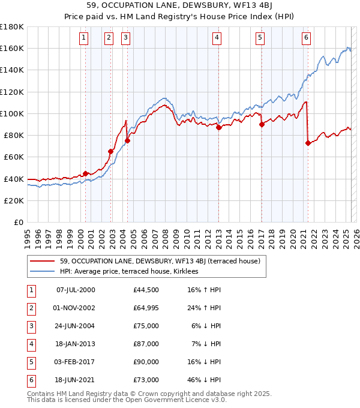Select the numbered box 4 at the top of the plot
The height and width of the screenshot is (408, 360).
217,38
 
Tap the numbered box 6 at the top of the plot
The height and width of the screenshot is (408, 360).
306,38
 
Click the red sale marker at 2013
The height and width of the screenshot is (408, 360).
219,127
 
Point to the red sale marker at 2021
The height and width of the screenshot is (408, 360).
308,143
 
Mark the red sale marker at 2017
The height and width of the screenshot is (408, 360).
262,124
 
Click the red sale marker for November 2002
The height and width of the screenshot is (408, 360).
111,151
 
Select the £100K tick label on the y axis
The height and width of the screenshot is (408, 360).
12,113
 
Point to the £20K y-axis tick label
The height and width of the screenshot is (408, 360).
14,200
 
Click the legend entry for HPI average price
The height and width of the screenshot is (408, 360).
133,271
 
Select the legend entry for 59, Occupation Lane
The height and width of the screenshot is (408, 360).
160,261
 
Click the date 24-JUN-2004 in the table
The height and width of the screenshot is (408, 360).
75,326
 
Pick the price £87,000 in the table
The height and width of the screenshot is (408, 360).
146,344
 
